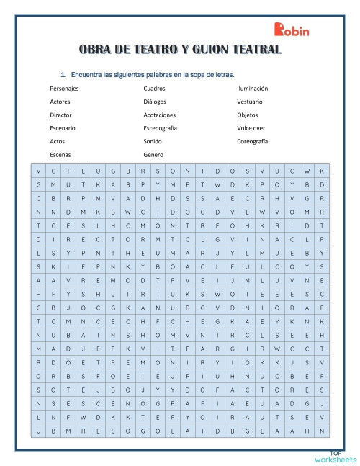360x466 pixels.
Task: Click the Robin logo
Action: coord(292,30)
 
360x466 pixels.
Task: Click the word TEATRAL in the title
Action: coord(253,50)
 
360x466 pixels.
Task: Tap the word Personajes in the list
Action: coord(65,89)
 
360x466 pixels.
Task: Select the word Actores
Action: coord(60,102)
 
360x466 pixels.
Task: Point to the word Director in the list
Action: coord(61,115)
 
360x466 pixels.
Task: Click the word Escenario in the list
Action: coord(63,128)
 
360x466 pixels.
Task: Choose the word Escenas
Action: coord(60,154)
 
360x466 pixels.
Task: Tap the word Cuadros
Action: coord(154,89)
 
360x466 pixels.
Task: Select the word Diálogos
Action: coord(155,102)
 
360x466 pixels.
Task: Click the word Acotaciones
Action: coord(159,115)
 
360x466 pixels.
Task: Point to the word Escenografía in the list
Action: coord(160,128)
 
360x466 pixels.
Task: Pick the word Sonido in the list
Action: coord(153,141)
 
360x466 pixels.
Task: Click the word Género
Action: coord(153,154)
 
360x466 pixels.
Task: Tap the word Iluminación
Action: coord(252,89)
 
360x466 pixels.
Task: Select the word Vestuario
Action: coord(249,102)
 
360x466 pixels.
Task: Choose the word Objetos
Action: coord(247,115)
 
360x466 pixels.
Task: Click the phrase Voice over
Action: coord(251,128)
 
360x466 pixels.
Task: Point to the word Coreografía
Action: coord(252,141)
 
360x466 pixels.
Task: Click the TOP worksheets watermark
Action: coord(335,457)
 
